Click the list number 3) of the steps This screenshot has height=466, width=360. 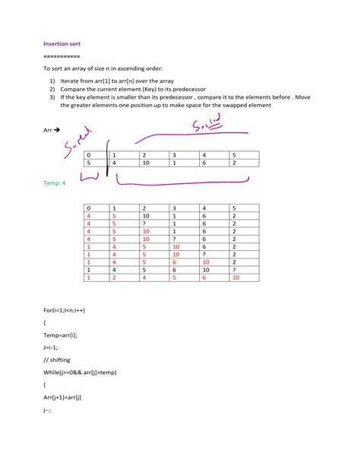[x=52, y=97]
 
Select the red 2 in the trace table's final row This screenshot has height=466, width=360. [x=114, y=278]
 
